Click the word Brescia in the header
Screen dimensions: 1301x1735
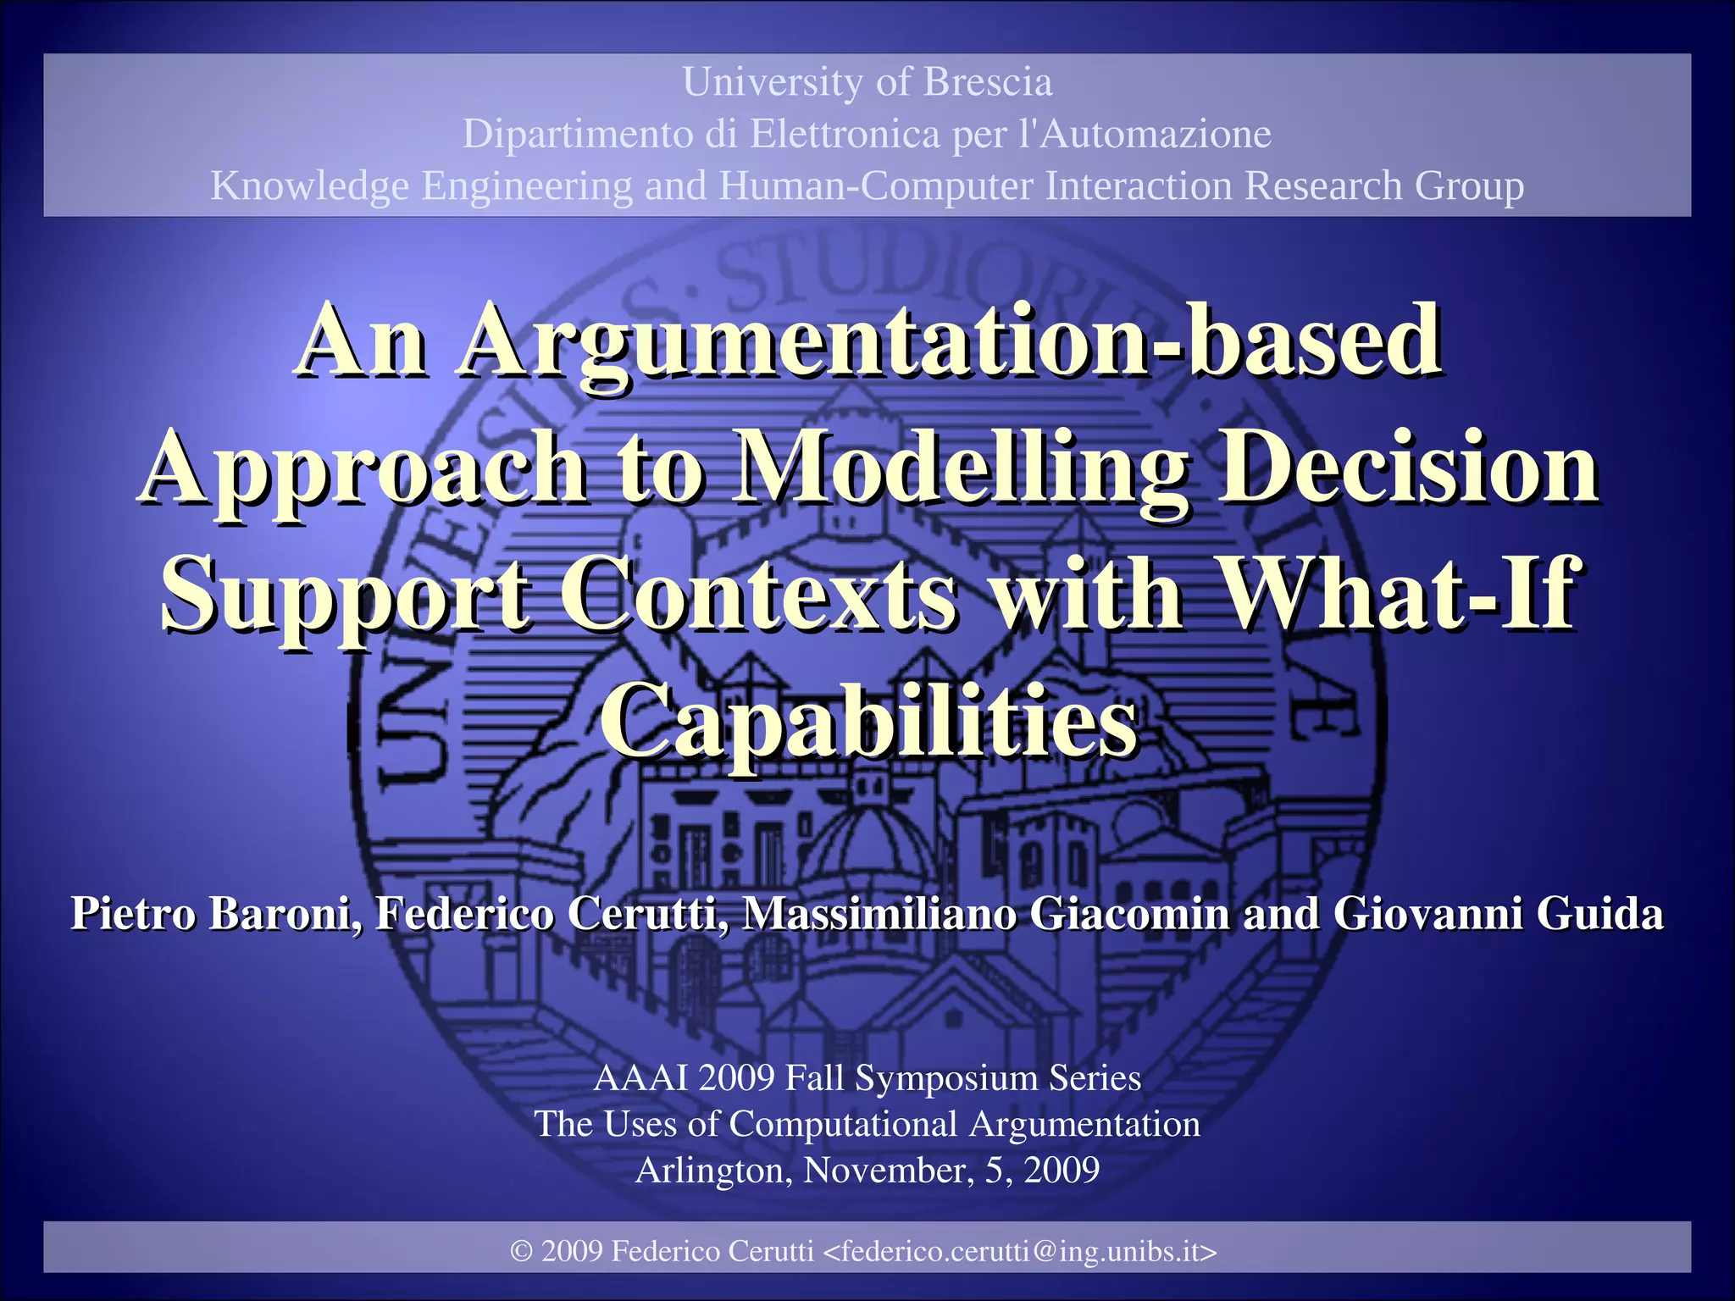point(987,83)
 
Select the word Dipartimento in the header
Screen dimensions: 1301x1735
point(577,135)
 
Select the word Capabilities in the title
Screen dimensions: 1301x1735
point(869,722)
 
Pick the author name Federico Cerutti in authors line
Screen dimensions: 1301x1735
point(551,914)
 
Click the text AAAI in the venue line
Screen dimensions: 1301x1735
point(640,1078)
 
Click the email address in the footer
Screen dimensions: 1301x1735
point(1020,1251)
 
